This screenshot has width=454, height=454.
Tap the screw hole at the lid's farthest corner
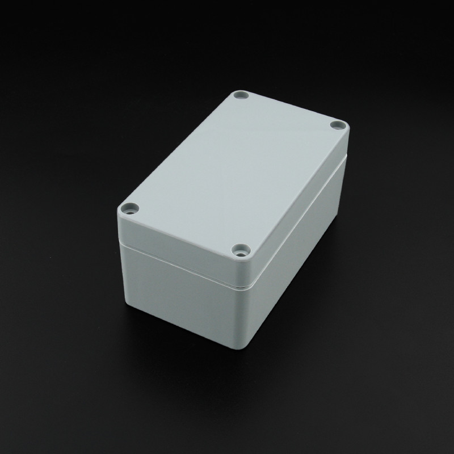coord(242,95)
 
